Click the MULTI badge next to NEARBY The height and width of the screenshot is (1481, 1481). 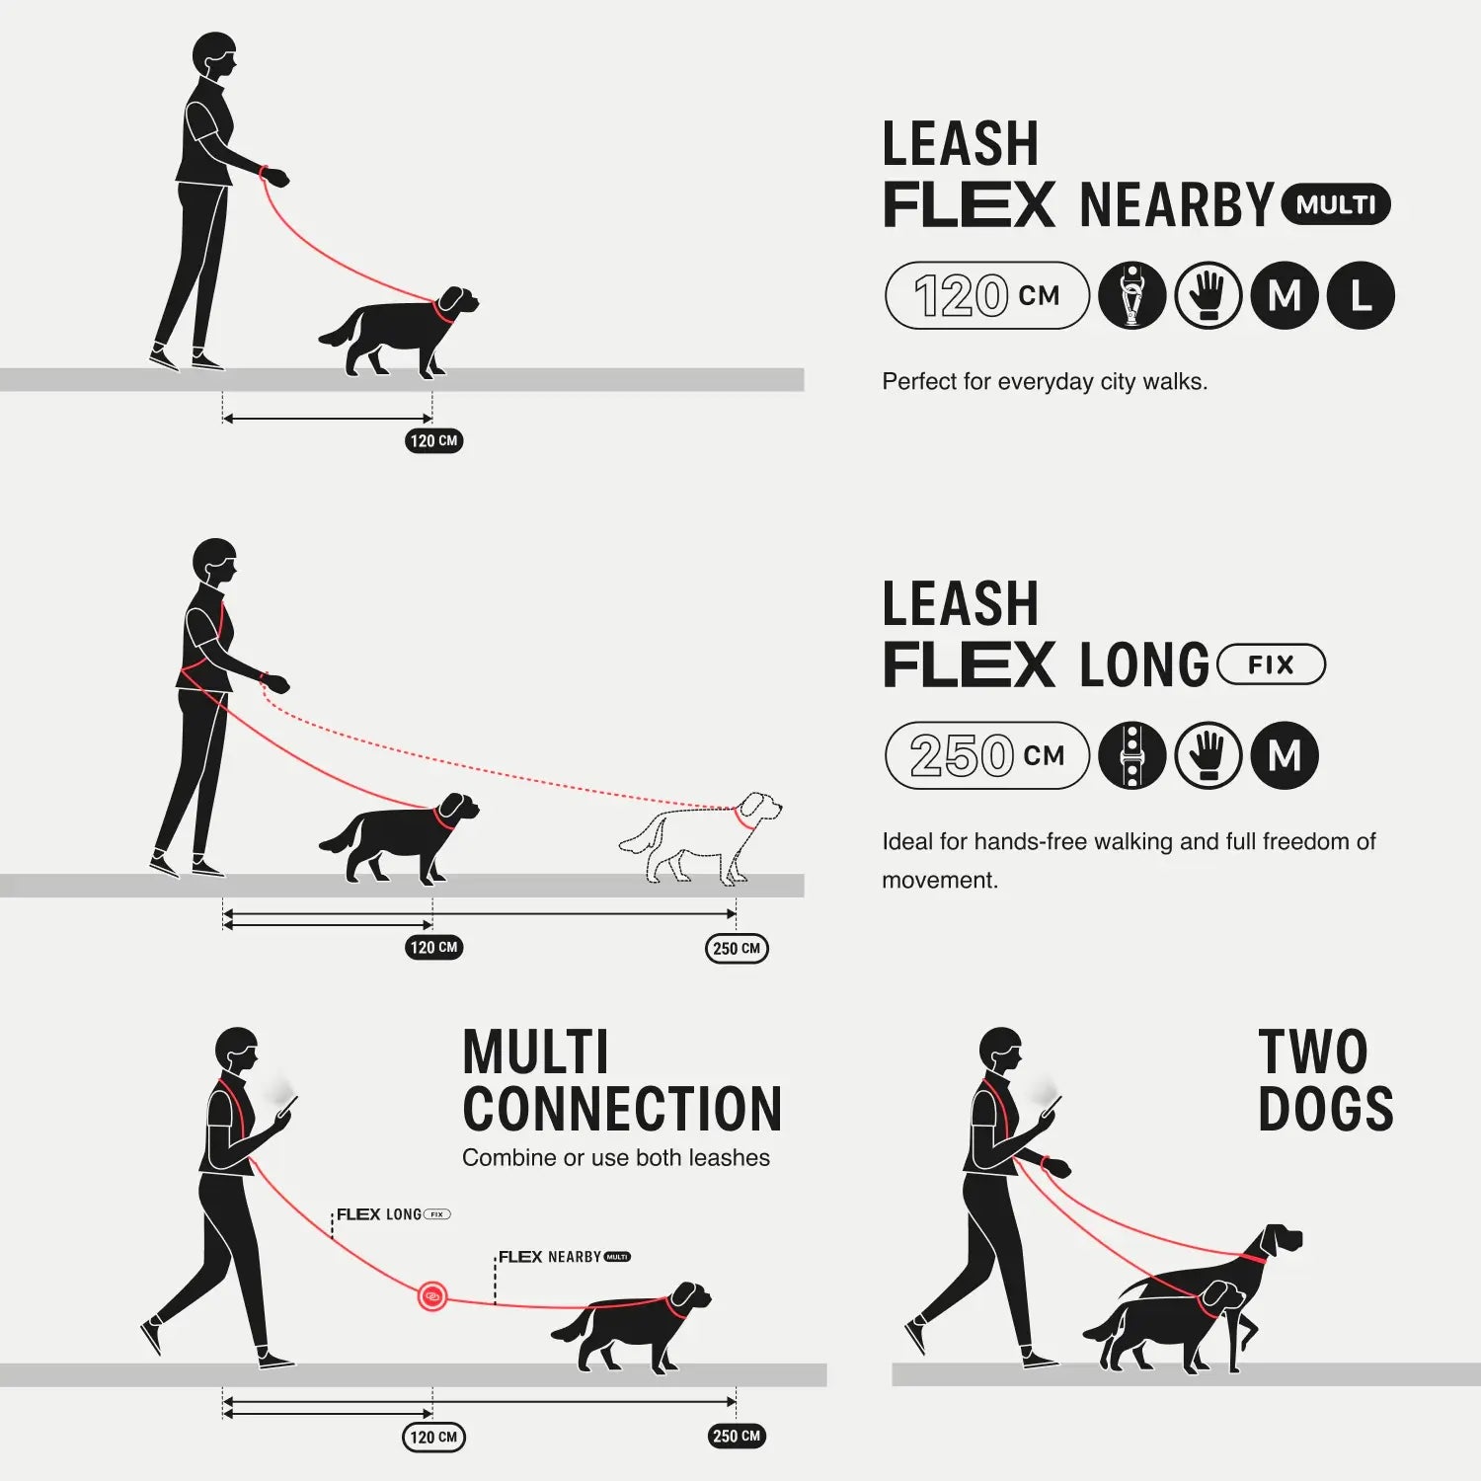click(1335, 205)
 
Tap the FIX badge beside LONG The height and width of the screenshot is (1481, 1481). click(1271, 664)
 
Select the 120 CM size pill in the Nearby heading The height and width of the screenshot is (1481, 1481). click(986, 295)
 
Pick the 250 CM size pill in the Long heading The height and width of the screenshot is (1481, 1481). click(986, 755)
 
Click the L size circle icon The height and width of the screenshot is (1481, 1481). click(1361, 295)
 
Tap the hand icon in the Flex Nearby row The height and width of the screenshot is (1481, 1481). click(1208, 295)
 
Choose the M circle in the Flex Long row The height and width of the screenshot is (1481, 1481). click(1285, 755)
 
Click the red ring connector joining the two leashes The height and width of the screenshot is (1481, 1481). click(431, 1295)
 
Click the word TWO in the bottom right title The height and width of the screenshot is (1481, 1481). click(1313, 1052)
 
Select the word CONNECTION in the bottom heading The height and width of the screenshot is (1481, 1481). click(622, 1110)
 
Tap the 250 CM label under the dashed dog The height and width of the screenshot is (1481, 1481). click(737, 948)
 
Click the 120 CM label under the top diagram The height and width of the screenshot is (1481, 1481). click(433, 440)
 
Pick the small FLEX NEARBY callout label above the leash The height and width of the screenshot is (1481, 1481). click(564, 1257)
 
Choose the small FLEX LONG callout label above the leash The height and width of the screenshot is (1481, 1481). click(393, 1214)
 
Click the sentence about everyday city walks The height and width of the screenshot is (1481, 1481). click(1044, 382)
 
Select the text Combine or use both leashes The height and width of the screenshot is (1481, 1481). click(615, 1158)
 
